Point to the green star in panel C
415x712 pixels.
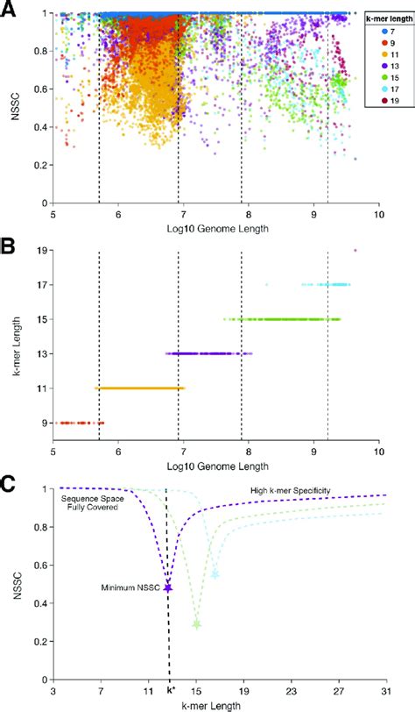coord(197,624)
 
